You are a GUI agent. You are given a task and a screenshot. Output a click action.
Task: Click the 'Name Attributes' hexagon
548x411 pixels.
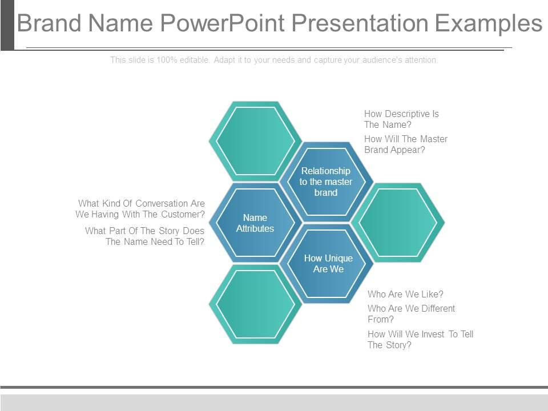[x=255, y=223]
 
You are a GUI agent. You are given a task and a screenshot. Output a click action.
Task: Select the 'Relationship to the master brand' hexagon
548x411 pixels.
[x=326, y=182]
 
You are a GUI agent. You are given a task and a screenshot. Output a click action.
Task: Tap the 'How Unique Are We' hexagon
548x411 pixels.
[x=328, y=263]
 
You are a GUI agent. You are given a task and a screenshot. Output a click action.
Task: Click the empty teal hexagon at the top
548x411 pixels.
[x=255, y=140]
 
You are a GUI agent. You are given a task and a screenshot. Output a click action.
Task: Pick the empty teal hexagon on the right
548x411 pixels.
[x=398, y=222]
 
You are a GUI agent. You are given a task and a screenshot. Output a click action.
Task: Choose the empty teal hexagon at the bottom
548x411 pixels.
[x=255, y=304]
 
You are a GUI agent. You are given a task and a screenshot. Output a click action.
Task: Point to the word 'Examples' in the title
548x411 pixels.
[x=489, y=24]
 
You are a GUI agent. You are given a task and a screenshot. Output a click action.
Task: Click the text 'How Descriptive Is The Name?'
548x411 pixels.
[x=401, y=119]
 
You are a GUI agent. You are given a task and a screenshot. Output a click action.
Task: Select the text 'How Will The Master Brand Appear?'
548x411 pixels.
[x=406, y=144]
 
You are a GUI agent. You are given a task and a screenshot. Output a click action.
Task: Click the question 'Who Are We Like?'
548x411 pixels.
[x=405, y=295]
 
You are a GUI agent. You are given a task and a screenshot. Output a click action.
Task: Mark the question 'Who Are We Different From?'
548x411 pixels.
[x=411, y=314]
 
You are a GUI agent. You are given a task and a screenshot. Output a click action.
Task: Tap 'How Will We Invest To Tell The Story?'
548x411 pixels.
[x=420, y=340]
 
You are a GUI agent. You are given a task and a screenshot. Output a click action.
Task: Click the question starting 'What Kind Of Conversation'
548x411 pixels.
[x=140, y=209]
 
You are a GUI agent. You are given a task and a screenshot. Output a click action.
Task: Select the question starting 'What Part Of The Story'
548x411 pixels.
[x=145, y=236]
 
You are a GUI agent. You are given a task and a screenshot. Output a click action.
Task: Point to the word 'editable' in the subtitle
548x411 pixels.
[x=195, y=60]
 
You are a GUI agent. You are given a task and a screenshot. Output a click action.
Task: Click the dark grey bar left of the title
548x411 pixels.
[x=7, y=25]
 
